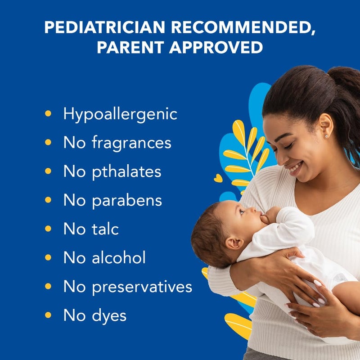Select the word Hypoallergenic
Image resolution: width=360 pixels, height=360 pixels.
pos(120,114)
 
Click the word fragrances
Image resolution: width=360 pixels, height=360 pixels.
pos(131,143)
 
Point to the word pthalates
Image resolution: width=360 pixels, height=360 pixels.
pos(126,171)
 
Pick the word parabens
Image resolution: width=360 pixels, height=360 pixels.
pos(127,200)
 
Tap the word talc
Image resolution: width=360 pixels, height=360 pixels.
pos(105,229)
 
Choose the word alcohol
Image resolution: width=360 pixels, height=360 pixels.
pos(118,258)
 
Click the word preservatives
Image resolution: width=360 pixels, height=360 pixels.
pos(142,287)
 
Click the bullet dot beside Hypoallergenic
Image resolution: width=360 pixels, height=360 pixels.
pos(48,113)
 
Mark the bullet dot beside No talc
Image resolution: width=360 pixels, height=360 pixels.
pos(48,229)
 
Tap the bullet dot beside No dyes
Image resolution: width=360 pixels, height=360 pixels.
pos(48,315)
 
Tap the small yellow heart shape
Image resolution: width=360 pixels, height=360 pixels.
pos(218,178)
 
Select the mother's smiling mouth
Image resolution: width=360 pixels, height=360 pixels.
pos(295,169)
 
